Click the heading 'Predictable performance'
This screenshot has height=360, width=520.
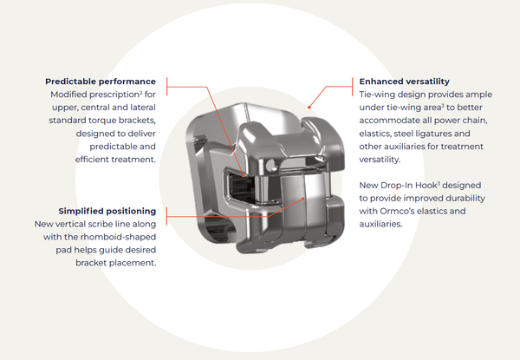pos(101,82)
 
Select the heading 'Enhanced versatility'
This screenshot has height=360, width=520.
pos(404,82)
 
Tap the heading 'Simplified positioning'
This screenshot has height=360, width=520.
pos(107,212)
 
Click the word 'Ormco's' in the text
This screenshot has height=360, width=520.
pos(396,211)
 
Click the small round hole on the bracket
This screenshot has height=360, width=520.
pos(271,165)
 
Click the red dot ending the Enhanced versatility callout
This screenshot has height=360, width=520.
pos(309,108)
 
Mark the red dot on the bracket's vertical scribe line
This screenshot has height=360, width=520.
pos(303,199)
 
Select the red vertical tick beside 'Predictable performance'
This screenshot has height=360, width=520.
pos(166,87)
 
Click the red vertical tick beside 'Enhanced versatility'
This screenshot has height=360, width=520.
pos(352,87)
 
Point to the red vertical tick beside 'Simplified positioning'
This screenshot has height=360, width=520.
pos(166,216)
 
